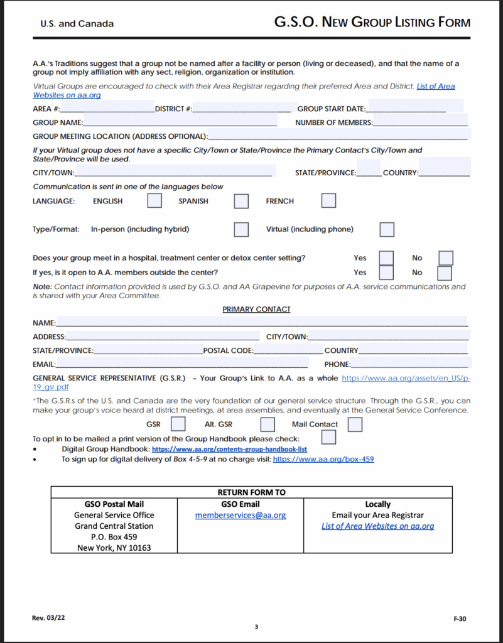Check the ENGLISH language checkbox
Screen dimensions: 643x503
point(154,201)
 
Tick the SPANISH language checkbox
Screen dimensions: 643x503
point(241,201)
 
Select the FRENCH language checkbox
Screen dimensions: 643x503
point(328,201)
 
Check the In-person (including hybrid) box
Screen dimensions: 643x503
point(241,229)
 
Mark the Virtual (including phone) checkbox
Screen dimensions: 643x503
point(387,229)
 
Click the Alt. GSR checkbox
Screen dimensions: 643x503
point(268,424)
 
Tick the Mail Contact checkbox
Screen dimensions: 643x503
point(355,424)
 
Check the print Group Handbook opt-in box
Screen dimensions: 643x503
point(328,437)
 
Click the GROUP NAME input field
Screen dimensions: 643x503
point(180,122)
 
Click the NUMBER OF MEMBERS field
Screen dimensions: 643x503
point(420,122)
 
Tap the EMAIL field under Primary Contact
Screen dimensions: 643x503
point(181,364)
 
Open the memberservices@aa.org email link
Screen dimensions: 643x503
point(241,515)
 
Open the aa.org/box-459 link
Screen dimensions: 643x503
point(323,459)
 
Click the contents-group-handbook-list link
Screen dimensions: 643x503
point(229,450)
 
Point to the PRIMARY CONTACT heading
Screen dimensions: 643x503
point(256,309)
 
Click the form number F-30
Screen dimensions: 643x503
point(460,619)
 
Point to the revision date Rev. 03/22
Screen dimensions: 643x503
point(48,618)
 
